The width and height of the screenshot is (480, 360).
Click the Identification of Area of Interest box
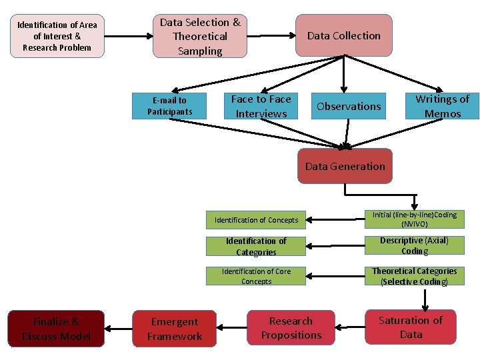pos(57,37)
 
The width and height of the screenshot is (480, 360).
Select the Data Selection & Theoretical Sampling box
pos(200,36)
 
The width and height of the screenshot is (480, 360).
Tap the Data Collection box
pos(343,35)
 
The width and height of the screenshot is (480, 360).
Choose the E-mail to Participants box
pos(170,106)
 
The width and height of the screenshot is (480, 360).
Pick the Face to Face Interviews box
pos(261,106)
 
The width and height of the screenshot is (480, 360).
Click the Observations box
pos(349,106)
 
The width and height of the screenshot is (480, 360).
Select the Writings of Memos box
pos(442,106)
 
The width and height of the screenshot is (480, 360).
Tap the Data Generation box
pos(345,166)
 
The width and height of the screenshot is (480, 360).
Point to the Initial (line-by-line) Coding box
pos(415,219)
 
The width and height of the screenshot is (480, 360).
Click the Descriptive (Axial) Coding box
pos(415,245)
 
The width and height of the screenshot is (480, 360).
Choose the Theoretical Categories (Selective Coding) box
pos(415,276)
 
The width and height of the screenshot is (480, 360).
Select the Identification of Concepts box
pos(257,220)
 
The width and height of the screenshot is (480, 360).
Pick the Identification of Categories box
pos(256,246)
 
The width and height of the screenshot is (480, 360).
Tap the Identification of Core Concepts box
pos(256,276)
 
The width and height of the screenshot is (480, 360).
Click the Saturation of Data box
pos(411,327)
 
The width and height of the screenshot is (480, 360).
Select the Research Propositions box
pos(291,328)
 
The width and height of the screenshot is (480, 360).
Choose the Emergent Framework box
pos(175,329)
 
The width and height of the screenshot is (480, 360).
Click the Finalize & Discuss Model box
pos(56,329)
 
